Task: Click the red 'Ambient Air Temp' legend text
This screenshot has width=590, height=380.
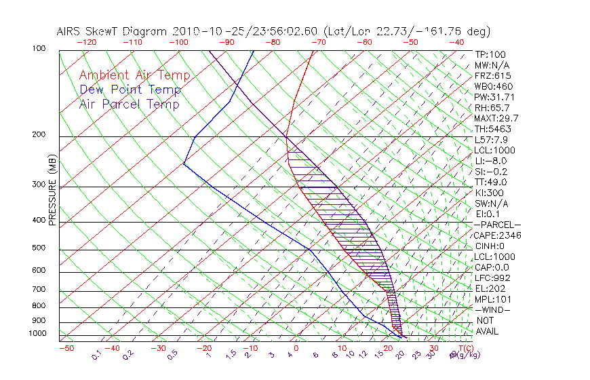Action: click(x=134, y=75)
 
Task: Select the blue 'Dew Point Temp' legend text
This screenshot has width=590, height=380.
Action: click(x=130, y=90)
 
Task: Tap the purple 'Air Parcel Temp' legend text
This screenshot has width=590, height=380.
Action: click(x=129, y=104)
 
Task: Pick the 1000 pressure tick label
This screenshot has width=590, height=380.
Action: click(x=39, y=334)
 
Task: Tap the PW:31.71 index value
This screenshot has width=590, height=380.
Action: click(x=492, y=97)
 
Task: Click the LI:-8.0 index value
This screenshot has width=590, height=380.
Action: click(x=490, y=161)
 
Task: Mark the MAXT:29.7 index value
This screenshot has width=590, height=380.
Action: click(x=496, y=118)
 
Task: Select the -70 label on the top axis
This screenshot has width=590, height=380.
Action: click(x=317, y=41)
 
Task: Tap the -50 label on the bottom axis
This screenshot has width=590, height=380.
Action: click(x=66, y=348)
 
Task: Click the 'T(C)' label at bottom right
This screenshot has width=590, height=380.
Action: click(x=463, y=348)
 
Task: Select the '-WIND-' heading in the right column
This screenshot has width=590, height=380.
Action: click(x=492, y=309)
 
